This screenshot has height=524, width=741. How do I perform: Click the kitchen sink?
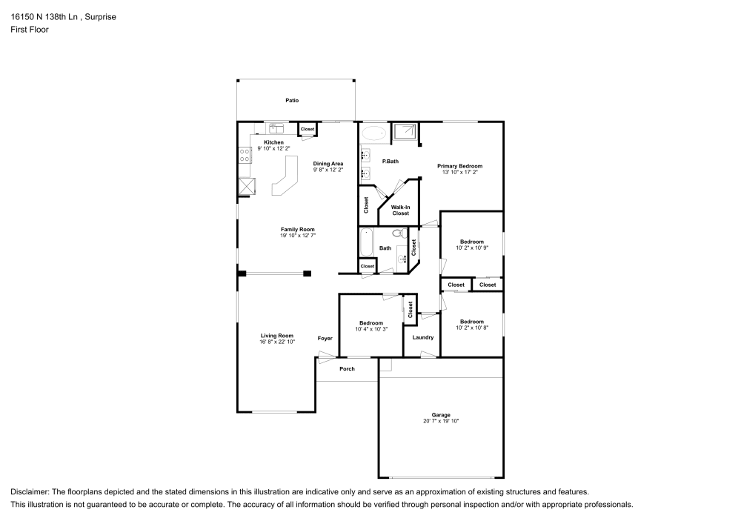(276, 128)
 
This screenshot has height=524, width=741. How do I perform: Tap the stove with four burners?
(244, 156)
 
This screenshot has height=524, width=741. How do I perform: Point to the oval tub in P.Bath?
(374, 134)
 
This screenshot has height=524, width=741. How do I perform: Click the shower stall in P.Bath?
(405, 133)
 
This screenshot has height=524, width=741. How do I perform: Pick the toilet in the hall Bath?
(398, 233)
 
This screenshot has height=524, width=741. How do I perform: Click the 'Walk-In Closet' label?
(400, 210)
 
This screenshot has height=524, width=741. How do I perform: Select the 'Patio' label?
(293, 100)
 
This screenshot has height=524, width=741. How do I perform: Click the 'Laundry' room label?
(423, 338)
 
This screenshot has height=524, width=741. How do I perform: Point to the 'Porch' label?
(347, 368)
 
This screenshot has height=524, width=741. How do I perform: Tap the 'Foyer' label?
(325, 338)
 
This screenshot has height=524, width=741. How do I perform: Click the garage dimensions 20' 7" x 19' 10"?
(441, 421)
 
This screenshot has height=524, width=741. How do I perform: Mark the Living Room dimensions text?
(277, 342)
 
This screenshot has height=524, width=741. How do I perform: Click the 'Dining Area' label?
(328, 163)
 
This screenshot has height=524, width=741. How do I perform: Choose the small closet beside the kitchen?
(307, 130)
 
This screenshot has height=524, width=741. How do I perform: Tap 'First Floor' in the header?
(30, 30)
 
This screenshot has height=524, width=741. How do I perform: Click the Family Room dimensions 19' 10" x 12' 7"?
(298, 236)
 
